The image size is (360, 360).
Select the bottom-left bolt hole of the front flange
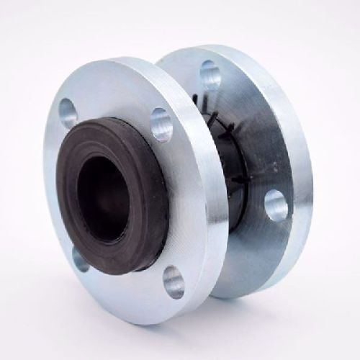point(80,257)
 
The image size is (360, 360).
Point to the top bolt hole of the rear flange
point(209,71)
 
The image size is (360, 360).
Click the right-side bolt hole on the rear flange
point(276,204)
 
